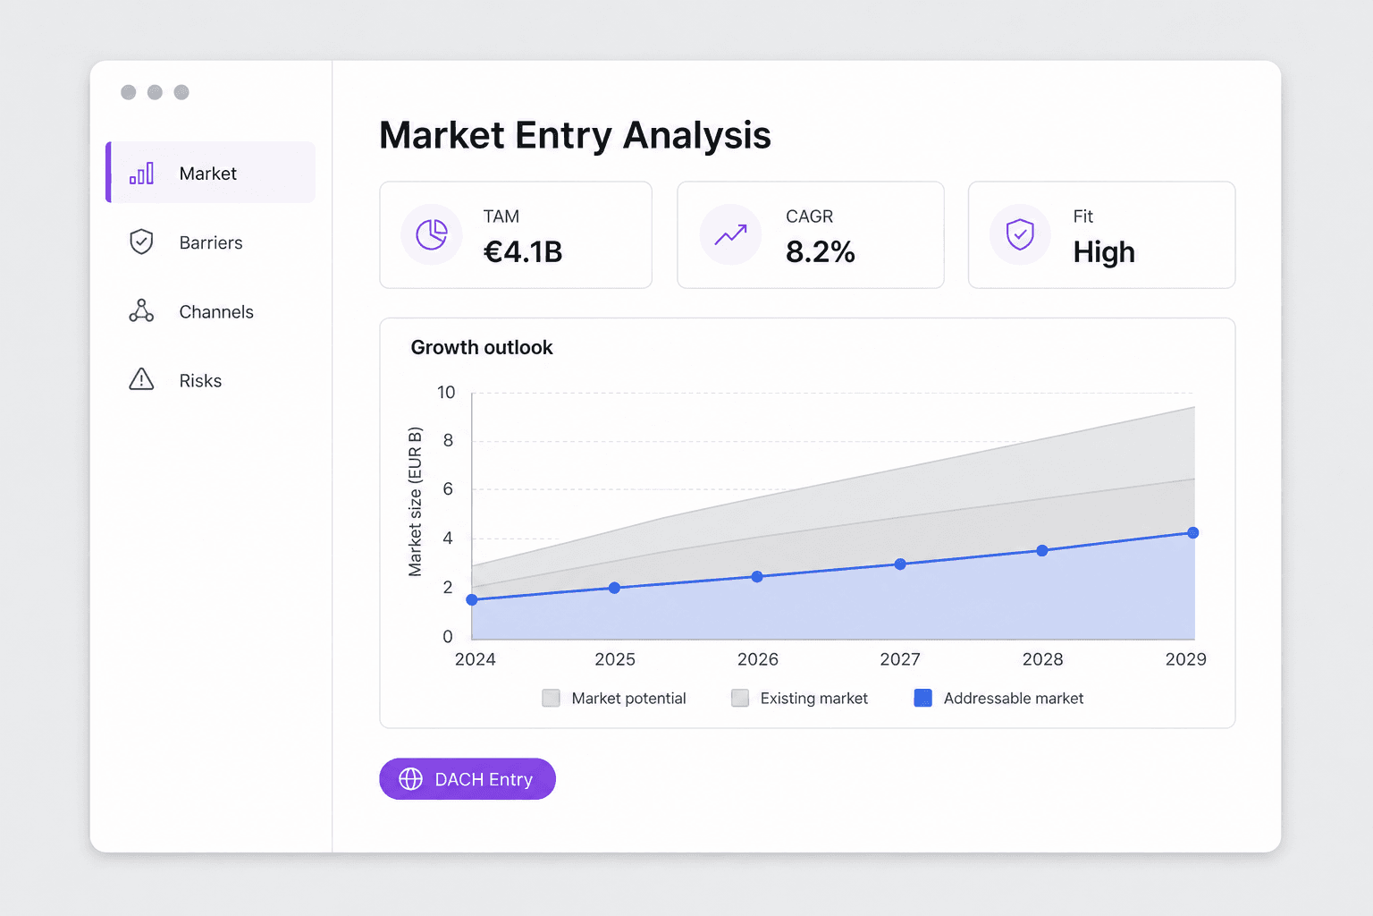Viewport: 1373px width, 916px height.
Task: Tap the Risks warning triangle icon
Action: click(141, 380)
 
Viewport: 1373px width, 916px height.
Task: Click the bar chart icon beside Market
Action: click(141, 174)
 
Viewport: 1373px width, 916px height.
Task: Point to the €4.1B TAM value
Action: click(523, 251)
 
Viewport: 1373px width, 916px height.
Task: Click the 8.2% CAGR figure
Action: click(820, 251)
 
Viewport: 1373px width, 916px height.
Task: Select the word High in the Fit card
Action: click(1104, 251)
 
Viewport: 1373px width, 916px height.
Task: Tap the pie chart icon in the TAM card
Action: click(432, 234)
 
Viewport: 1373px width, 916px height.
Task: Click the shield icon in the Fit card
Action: click(1020, 234)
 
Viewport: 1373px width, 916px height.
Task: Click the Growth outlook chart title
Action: click(482, 347)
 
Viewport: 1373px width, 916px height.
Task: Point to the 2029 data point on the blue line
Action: click(1192, 532)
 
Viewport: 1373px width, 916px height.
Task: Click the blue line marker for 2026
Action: click(757, 576)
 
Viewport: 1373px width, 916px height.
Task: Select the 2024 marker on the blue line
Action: click(472, 599)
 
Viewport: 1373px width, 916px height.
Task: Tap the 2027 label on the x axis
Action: click(900, 659)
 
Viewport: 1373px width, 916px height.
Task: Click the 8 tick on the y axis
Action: click(448, 440)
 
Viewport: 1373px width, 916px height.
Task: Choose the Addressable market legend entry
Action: click(998, 699)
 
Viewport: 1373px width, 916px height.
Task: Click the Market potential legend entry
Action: click(614, 699)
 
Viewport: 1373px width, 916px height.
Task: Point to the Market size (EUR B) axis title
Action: click(415, 502)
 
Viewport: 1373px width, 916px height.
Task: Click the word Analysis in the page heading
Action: click(697, 135)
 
